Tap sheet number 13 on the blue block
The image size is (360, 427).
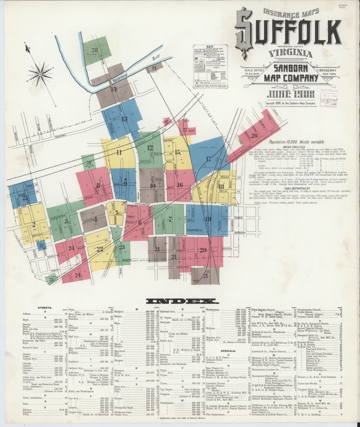pyautogui.click(x=124, y=119)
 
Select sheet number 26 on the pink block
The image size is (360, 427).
pyautogui.click(x=254, y=135)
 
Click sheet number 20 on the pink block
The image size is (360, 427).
pyautogui.click(x=203, y=250)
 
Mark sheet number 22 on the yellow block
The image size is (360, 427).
pyautogui.click(x=100, y=248)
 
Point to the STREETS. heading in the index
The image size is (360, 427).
pyautogui.click(x=46, y=307)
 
